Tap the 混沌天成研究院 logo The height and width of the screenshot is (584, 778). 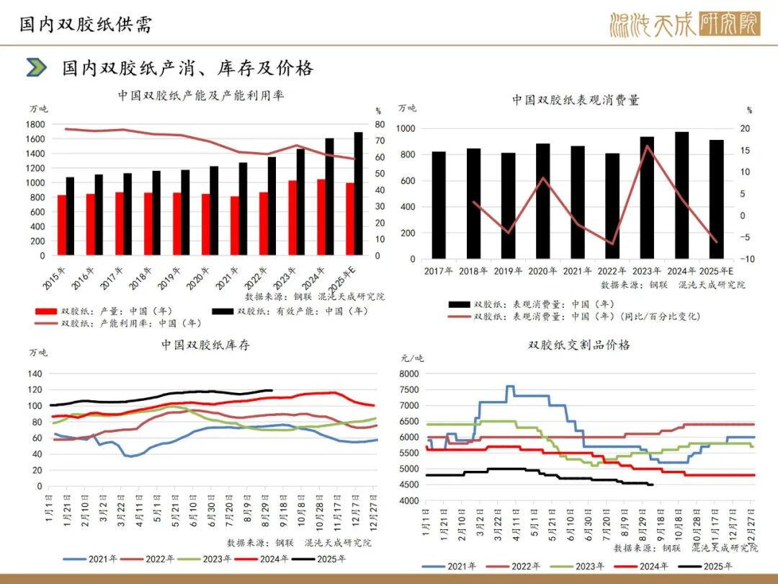tap(684, 25)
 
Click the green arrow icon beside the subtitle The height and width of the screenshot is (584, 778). tap(36, 68)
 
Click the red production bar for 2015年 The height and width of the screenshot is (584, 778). tap(62, 225)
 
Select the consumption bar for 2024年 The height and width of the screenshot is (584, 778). tap(681, 195)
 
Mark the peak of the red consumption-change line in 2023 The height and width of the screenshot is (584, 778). tap(647, 146)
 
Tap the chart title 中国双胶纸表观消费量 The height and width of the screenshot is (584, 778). tap(576, 100)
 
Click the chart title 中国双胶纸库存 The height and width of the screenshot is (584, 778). tap(205, 345)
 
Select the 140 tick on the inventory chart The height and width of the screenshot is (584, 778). tap(35, 373)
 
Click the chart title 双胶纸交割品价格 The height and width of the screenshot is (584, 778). tap(578, 345)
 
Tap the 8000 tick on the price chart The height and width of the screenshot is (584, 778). tap(408, 373)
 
